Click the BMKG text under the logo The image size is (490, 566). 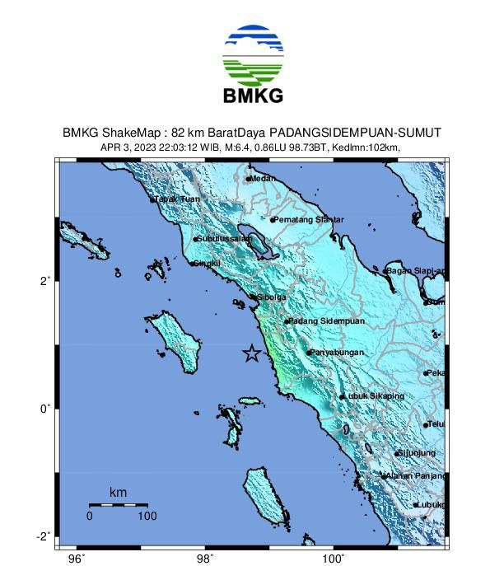(253, 96)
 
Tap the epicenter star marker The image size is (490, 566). (251, 353)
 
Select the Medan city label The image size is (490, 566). (263, 178)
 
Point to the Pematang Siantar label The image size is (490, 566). (308, 219)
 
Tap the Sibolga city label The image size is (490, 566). (271, 297)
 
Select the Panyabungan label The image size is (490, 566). (336, 353)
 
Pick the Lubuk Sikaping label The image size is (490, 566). (375, 396)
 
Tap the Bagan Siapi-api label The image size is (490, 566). (416, 270)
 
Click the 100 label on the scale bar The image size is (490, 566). (147, 517)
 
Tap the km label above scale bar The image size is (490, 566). (118, 493)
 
